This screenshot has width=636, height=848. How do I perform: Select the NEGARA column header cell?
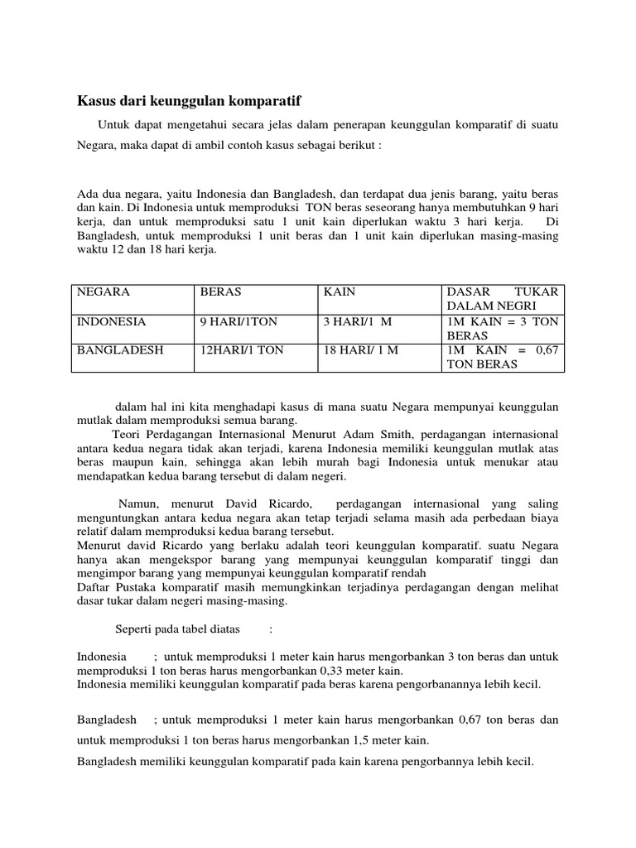(104, 292)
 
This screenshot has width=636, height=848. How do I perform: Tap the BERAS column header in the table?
(219, 292)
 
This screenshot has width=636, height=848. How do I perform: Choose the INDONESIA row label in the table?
(112, 321)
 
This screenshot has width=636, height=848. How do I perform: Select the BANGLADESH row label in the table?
(120, 350)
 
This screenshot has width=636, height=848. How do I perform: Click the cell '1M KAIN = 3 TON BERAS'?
(503, 329)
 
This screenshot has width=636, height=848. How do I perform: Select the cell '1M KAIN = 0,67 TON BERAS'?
(503, 357)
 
